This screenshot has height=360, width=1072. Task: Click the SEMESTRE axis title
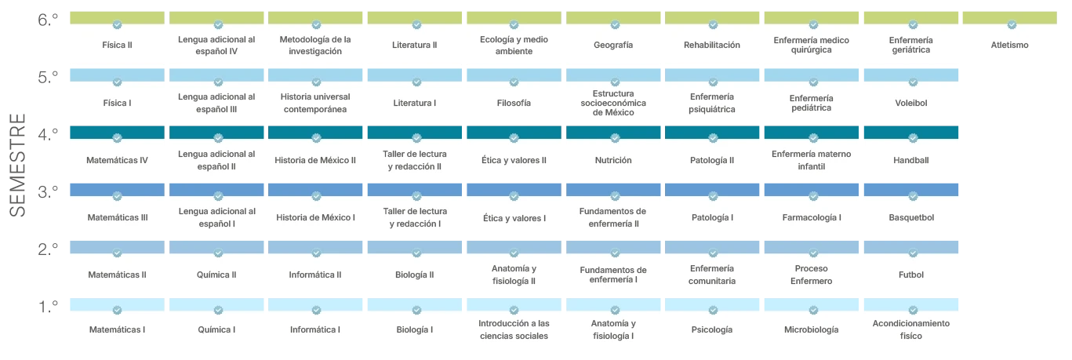[x=18, y=165]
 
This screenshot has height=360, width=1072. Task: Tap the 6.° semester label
[x=48, y=20]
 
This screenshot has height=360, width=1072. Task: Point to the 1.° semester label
[x=48, y=307]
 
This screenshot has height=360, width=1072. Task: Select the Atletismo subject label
[x=1009, y=45]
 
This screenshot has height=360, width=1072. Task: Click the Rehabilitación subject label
[x=711, y=45]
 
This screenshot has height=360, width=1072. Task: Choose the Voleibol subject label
[x=910, y=103]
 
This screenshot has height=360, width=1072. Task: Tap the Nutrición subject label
[x=613, y=160]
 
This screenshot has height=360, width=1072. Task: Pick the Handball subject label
[x=910, y=160]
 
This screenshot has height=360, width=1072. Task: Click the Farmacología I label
[x=811, y=217]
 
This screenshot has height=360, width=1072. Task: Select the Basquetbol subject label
[x=911, y=217]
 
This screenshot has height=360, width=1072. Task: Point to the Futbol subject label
[x=910, y=275]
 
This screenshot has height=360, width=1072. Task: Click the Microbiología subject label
[x=811, y=330]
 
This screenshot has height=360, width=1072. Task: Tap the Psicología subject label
[x=711, y=330]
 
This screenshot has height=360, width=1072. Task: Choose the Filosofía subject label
[x=514, y=103]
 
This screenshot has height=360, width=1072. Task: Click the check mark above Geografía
[x=615, y=24]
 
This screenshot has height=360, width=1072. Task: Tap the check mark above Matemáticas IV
[x=117, y=138]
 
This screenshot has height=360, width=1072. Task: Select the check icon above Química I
[x=218, y=311]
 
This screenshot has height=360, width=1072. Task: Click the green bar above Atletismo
[x=1010, y=18]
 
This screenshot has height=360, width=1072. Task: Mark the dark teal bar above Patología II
[x=712, y=132]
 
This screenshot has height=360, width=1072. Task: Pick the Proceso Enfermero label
[x=811, y=275]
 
